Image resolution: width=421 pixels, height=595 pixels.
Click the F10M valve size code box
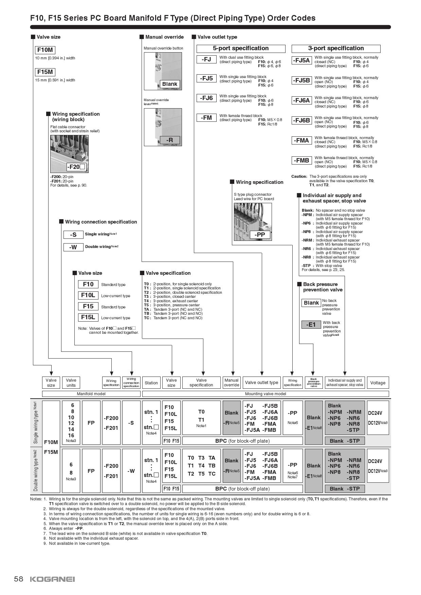pos(45,50)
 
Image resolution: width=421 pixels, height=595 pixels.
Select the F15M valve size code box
pos(45,72)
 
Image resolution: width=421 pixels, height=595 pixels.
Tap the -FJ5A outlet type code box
pos(301,60)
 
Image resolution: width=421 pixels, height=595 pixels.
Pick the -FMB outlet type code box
pos(301,160)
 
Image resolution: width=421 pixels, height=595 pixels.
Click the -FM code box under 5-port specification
pos(206,118)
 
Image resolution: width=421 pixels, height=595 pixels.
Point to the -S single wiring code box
pos(73,234)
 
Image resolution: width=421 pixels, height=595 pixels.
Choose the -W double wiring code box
pos(73,247)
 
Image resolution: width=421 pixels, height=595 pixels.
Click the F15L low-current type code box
pos(88,317)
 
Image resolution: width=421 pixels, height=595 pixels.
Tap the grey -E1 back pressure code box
pos(311,325)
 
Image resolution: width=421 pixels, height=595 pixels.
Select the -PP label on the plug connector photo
pos(260,235)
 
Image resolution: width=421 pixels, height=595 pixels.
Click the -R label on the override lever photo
pos(169,140)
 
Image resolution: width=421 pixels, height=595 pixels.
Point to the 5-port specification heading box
pos(241,49)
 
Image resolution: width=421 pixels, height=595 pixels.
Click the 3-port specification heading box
pos(336,49)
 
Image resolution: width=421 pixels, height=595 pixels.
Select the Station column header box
pos(151,383)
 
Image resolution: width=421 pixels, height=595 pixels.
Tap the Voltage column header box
pos(378,383)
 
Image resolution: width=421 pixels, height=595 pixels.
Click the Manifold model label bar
pos(91,394)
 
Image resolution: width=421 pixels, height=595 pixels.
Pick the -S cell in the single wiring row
pos(131,423)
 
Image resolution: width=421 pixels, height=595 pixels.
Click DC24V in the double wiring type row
pos(375,461)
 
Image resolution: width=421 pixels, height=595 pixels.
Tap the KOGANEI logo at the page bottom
pos(52,579)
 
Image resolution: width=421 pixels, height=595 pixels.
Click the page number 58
pos(19,579)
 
